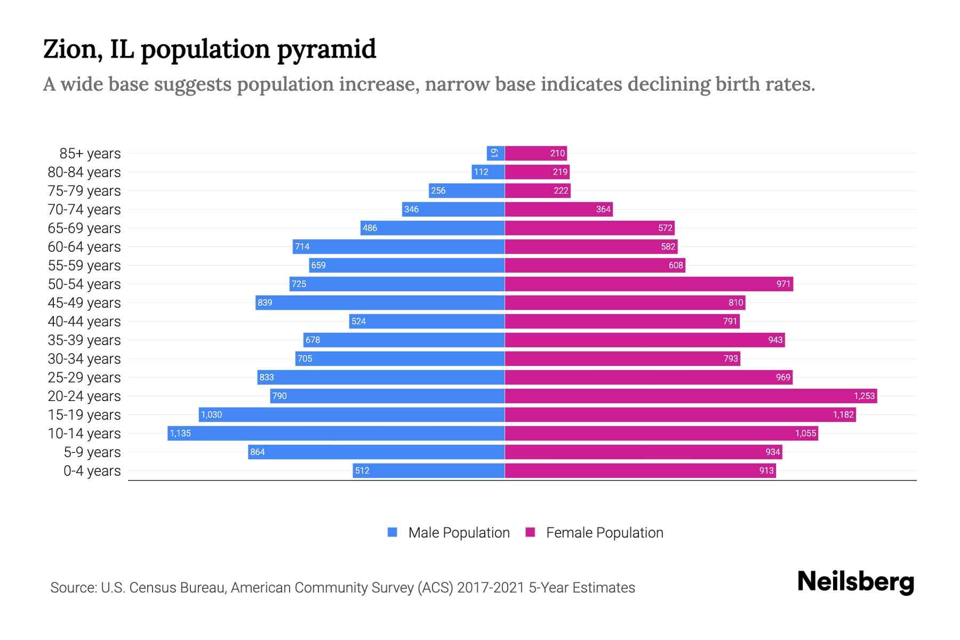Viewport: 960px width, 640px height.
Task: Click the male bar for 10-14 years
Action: (336, 433)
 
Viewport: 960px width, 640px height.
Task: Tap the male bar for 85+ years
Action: (495, 153)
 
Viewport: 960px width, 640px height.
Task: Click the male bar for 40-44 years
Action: (427, 321)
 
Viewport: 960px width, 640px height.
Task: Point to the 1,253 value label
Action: (864, 396)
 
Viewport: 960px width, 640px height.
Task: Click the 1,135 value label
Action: (180, 433)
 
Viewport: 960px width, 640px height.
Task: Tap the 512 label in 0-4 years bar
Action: (362, 470)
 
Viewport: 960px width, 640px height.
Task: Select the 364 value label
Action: (603, 209)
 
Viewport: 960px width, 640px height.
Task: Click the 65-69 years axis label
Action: (84, 228)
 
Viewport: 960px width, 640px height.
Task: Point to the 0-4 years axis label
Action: (92, 471)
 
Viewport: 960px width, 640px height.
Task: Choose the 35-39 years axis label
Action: (84, 340)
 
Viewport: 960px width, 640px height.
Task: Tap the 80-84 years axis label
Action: (84, 172)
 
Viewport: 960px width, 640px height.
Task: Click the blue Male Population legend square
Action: (393, 532)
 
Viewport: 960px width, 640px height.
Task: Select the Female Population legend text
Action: (604, 532)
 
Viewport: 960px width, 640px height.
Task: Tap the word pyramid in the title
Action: (326, 50)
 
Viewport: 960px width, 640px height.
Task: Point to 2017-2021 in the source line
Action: (491, 588)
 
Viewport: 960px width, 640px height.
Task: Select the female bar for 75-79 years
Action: (538, 190)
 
